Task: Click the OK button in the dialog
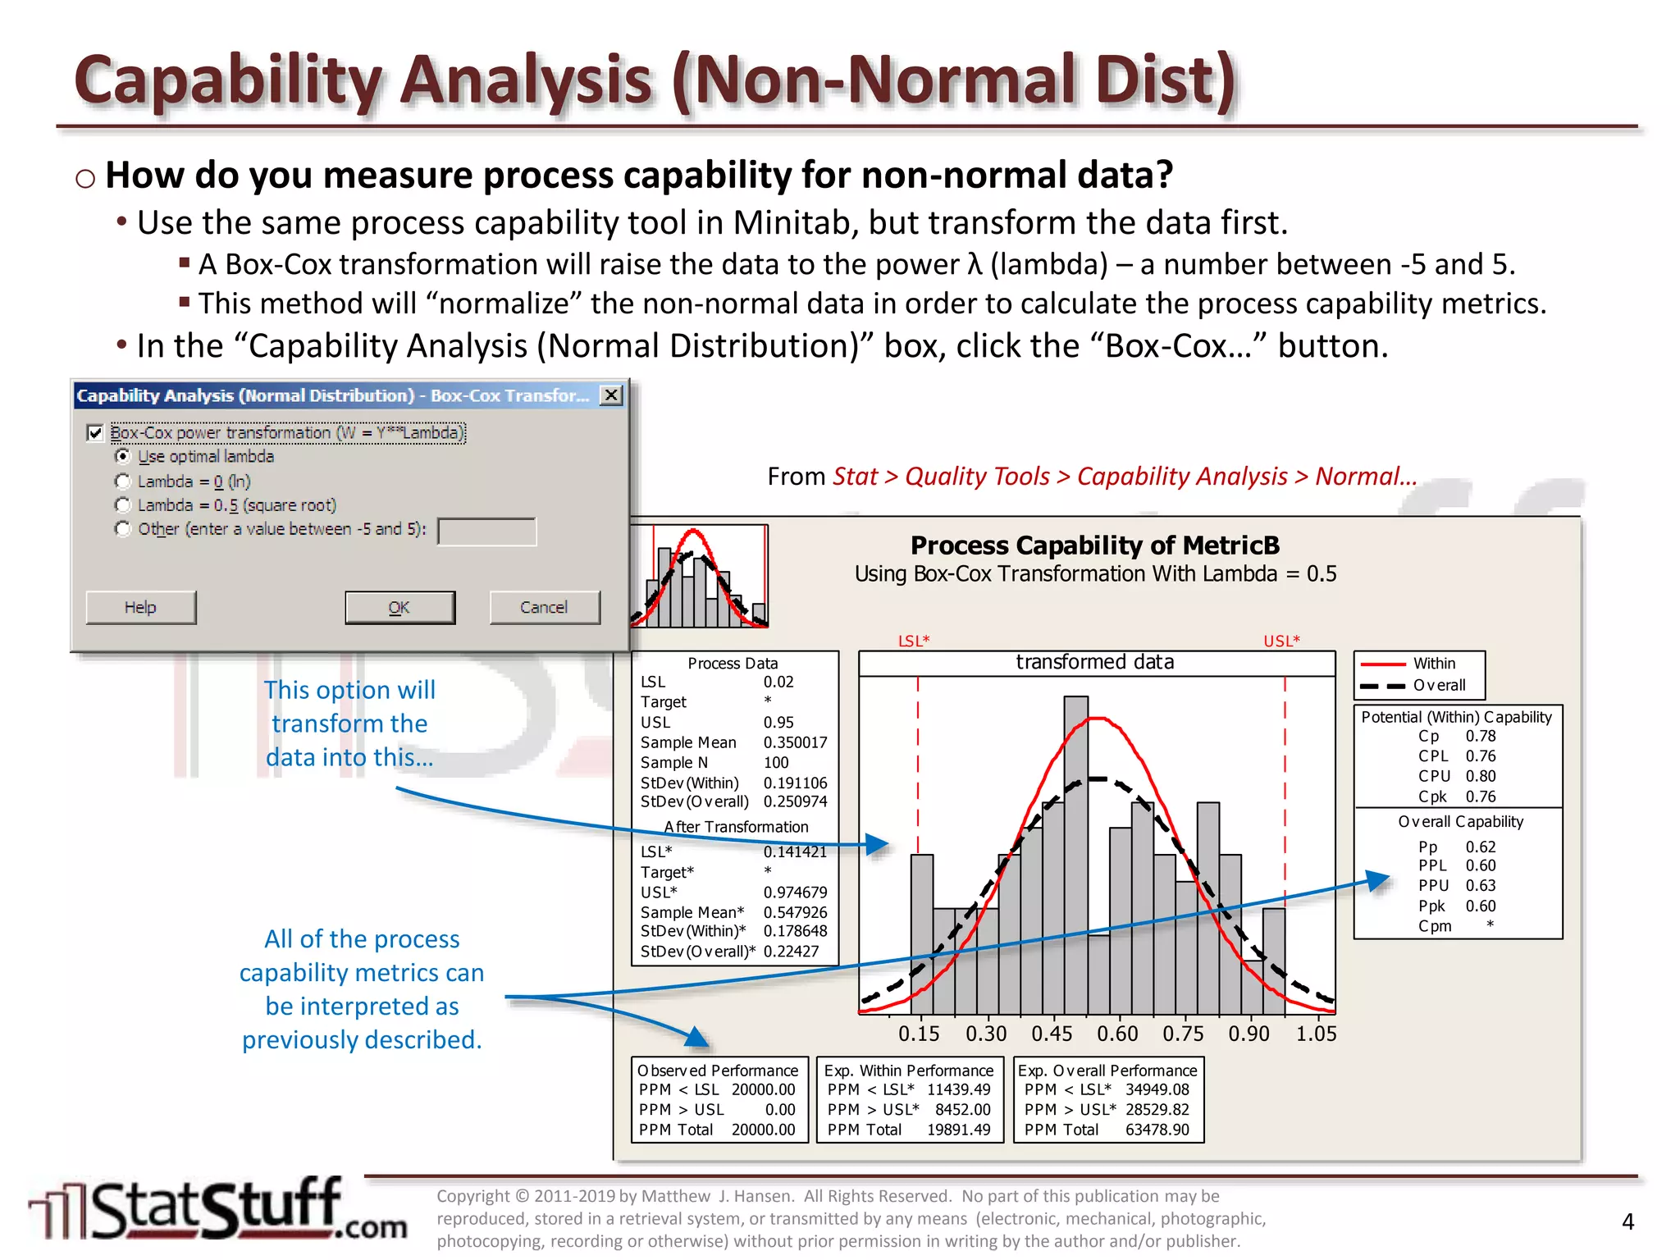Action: click(x=399, y=607)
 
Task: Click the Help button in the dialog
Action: click(x=140, y=607)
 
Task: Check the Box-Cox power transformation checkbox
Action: click(x=95, y=432)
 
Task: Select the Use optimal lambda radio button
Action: click(x=123, y=456)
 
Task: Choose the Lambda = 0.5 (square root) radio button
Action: click(x=123, y=504)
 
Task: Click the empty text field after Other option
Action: click(x=486, y=531)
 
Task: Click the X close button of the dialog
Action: click(x=610, y=395)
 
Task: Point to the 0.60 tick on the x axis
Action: click(x=1117, y=1034)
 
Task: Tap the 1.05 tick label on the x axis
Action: click(x=1316, y=1034)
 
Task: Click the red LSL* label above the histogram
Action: click(x=914, y=641)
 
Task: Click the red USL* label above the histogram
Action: click(x=1281, y=641)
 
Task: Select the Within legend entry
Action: click(x=1433, y=663)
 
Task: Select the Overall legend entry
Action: click(x=1438, y=685)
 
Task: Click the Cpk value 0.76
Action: click(x=1481, y=796)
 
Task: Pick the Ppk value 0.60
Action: click(x=1481, y=906)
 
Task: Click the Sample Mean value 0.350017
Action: click(x=795, y=742)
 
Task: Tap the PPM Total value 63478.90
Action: click(x=1157, y=1130)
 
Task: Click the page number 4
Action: click(x=1627, y=1221)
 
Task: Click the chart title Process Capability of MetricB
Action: click(x=1094, y=545)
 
